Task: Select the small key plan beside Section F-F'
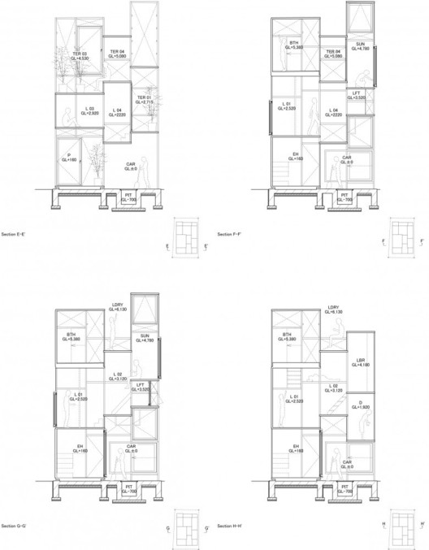pos(401,241)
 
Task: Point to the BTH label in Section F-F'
pos(294,45)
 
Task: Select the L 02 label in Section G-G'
pos(115,375)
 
